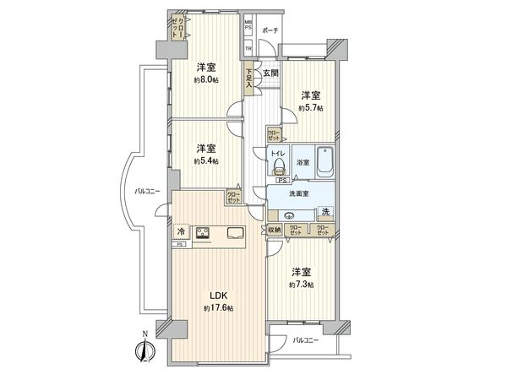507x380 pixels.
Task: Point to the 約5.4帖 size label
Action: [x=206, y=160]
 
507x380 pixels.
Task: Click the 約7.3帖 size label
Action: [x=302, y=285]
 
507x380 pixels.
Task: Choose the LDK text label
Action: [x=219, y=296]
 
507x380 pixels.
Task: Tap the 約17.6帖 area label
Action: [x=219, y=308]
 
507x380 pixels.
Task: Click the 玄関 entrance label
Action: [x=270, y=74]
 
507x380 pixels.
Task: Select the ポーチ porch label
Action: [x=270, y=30]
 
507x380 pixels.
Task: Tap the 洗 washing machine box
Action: [x=325, y=212]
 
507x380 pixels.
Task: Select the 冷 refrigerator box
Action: [x=181, y=231]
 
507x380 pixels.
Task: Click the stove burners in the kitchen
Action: [x=204, y=234]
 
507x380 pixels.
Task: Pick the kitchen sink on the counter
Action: [x=234, y=234]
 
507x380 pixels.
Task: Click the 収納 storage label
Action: [x=275, y=230]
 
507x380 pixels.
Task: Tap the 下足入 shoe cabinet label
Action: [x=250, y=79]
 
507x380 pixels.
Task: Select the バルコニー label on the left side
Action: [x=150, y=190]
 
